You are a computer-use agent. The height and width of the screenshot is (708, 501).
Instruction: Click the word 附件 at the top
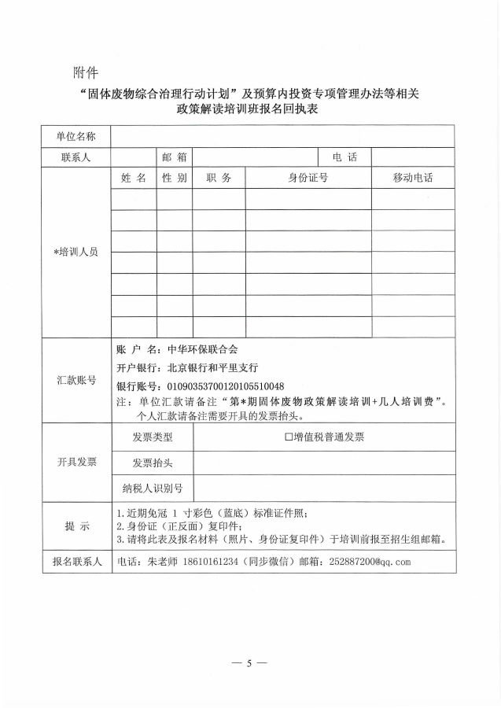coord(85,73)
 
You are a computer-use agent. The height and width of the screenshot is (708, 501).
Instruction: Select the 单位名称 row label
coord(76,137)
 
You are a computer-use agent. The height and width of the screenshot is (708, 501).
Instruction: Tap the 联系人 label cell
coord(76,157)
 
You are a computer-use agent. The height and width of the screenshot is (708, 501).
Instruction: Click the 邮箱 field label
coord(174,157)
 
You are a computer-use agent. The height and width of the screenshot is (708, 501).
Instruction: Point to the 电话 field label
coord(344,157)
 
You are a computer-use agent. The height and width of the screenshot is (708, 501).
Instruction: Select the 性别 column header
coord(174,178)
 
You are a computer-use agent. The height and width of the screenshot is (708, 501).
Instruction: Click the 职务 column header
coord(219,178)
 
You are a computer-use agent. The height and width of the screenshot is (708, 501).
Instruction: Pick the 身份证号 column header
coord(308,178)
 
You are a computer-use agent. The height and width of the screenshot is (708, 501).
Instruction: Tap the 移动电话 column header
coord(413,178)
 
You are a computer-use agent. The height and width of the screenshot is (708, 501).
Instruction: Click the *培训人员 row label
coord(76,253)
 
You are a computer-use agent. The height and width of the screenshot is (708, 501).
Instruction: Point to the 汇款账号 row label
coord(76,380)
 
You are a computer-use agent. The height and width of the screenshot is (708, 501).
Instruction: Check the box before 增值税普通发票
coord(289,437)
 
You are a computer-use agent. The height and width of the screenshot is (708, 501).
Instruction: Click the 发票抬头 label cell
coord(153,463)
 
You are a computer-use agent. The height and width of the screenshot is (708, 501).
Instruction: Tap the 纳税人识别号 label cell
coord(153,489)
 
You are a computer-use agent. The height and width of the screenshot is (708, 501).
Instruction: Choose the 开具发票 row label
coord(76,462)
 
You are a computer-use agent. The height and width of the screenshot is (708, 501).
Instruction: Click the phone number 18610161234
coord(210,562)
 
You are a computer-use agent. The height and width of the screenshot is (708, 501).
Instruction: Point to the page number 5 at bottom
coord(249,663)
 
